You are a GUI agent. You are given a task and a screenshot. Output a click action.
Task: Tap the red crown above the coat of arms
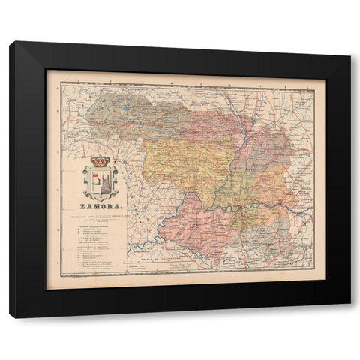[x=100, y=160]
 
